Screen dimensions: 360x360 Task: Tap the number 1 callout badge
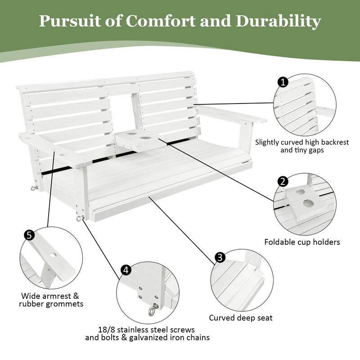tap(283, 82)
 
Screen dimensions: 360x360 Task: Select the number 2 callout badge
tap(283, 181)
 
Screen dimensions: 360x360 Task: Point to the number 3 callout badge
tap(220, 257)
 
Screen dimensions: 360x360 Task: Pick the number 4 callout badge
tap(126, 270)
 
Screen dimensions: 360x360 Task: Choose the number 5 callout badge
tap(29, 235)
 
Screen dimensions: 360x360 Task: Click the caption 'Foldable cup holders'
tap(302, 242)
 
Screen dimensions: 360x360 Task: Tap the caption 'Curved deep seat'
tap(241, 318)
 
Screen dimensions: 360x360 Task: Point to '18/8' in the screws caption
tap(106, 329)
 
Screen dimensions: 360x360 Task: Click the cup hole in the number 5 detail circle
tap(53, 255)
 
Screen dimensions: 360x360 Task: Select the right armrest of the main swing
tap(232, 115)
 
